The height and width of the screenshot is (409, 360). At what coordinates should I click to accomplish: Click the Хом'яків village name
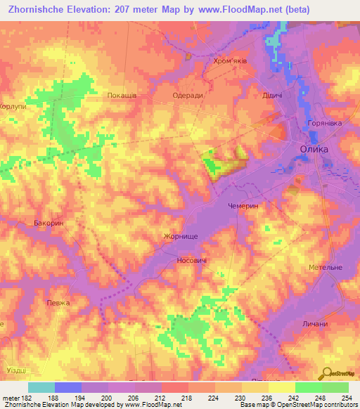click(x=230, y=61)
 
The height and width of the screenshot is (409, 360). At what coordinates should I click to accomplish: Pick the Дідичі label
click(x=272, y=95)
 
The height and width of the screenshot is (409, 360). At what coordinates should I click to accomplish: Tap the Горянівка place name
click(x=324, y=123)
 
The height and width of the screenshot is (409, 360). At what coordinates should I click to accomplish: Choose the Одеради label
click(x=188, y=95)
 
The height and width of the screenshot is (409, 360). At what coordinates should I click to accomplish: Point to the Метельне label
click(x=325, y=268)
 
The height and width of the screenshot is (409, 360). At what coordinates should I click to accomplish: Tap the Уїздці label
click(x=14, y=370)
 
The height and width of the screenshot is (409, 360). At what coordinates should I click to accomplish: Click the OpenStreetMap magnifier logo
click(x=326, y=373)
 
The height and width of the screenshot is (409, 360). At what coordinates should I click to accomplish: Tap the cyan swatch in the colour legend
click(x=41, y=387)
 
